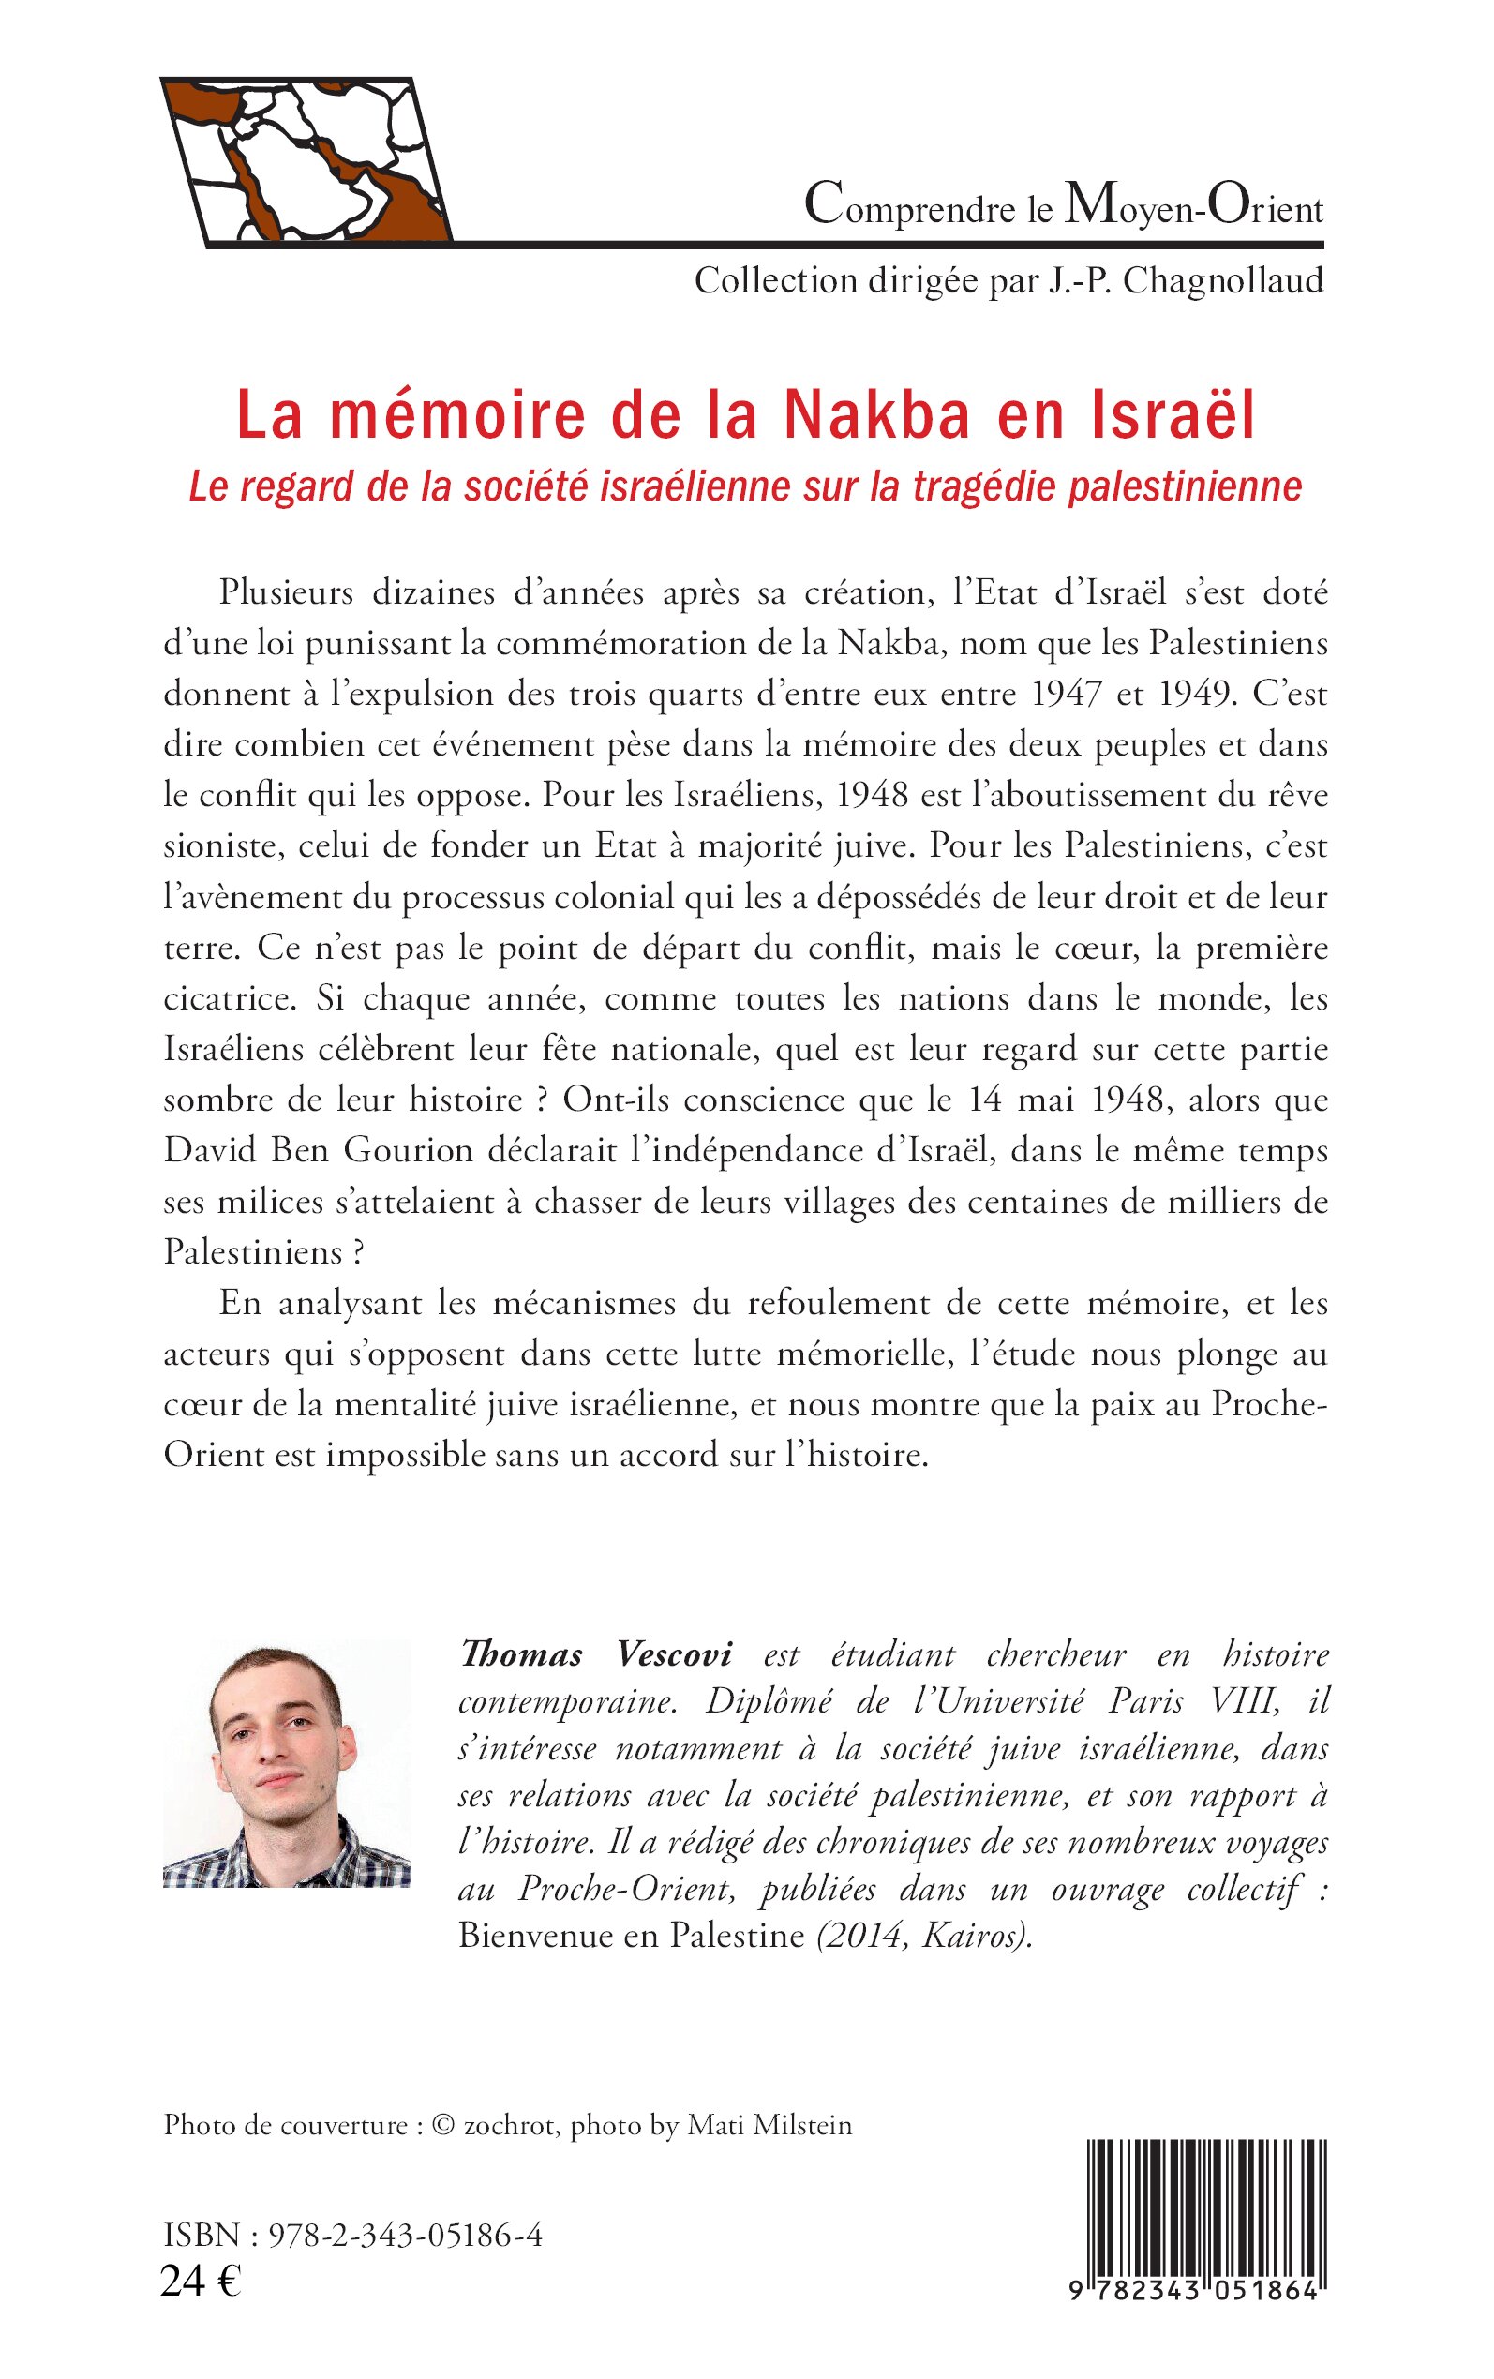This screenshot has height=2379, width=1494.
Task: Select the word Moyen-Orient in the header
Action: (x=1192, y=207)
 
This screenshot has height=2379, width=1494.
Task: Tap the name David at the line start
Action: (x=202, y=1151)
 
